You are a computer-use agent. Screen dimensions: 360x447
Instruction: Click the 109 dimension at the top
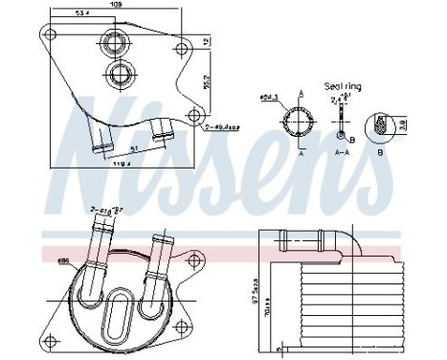pyautogui.click(x=115, y=6)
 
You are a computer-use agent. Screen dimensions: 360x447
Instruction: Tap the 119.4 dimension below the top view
pyautogui.click(x=120, y=165)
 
